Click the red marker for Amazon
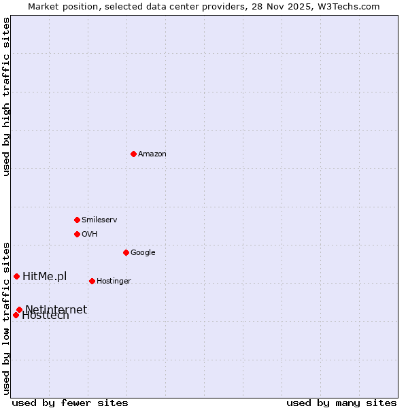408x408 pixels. (133, 154)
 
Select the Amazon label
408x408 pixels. (152, 154)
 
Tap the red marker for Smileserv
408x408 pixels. (77, 220)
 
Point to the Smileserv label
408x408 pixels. (99, 220)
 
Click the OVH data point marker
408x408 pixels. (77, 234)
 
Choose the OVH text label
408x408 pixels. (90, 235)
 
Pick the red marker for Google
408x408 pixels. (126, 252)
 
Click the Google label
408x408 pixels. (143, 253)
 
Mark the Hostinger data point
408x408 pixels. (92, 281)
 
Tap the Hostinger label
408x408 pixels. (114, 282)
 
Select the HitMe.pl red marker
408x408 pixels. (16, 276)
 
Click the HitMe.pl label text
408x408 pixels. (45, 276)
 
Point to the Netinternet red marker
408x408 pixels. (19, 309)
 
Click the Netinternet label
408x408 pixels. (56, 309)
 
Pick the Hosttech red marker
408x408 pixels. (16, 315)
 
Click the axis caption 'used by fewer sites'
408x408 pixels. (70, 403)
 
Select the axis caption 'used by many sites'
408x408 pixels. (341, 403)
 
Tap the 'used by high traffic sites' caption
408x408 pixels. (6, 97)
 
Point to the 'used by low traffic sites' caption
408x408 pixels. (6, 318)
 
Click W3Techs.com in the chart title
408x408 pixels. (345, 6)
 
